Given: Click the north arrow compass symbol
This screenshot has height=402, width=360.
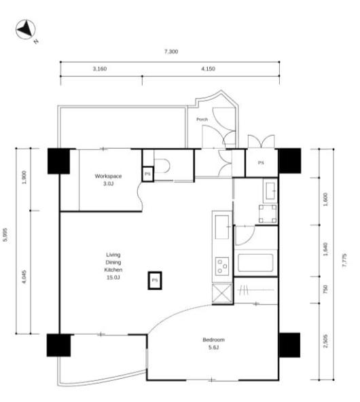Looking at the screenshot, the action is (25, 29).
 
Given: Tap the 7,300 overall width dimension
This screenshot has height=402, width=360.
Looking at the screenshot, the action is (171, 52).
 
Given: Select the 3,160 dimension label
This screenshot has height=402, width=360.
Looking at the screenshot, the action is (100, 69).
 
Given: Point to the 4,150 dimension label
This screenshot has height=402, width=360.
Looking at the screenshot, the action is (208, 69).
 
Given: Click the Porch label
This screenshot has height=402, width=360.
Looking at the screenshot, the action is (202, 120).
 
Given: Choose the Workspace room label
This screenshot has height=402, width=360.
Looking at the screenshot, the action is (108, 176).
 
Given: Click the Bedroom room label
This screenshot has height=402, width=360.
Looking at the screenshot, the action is (213, 340).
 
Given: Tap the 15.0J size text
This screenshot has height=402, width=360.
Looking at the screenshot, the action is (113, 278).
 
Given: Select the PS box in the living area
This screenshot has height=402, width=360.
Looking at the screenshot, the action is (155, 280).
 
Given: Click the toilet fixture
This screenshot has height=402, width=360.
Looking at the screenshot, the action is (162, 166).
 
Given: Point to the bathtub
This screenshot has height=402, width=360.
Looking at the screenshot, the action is (255, 263).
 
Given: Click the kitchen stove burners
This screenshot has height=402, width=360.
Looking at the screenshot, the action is (222, 266).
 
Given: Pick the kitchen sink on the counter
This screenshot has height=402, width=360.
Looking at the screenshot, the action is (222, 227).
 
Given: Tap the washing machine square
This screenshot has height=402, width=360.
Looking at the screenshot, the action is (268, 213).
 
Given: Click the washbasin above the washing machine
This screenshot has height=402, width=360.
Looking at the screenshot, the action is (270, 191).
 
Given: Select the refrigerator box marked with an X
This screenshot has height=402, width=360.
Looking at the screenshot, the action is (222, 293).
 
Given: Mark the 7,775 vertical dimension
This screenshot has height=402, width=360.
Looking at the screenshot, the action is (344, 260).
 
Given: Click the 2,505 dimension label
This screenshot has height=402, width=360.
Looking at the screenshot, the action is (325, 341).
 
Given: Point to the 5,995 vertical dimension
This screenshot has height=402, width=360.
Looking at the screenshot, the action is (5, 234).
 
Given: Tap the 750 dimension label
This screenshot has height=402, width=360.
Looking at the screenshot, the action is (325, 289).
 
